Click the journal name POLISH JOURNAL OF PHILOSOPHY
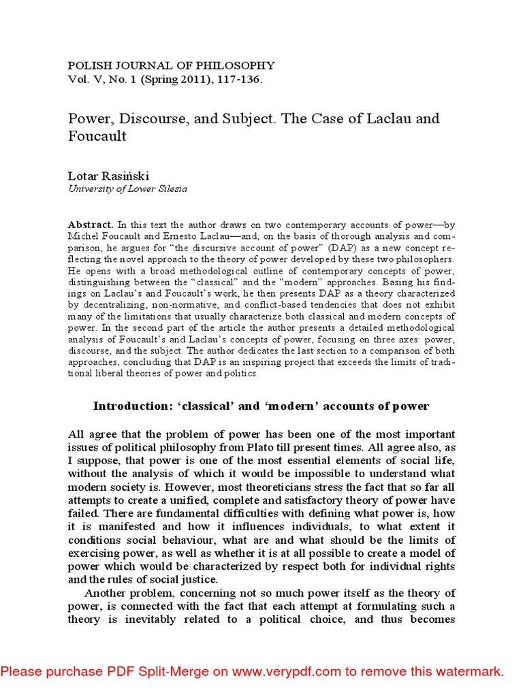(x=171, y=65)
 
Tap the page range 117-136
(x=238, y=79)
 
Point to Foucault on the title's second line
(x=97, y=135)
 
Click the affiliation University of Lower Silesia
(x=127, y=189)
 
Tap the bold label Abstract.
(x=90, y=224)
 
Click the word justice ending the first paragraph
(x=199, y=579)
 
